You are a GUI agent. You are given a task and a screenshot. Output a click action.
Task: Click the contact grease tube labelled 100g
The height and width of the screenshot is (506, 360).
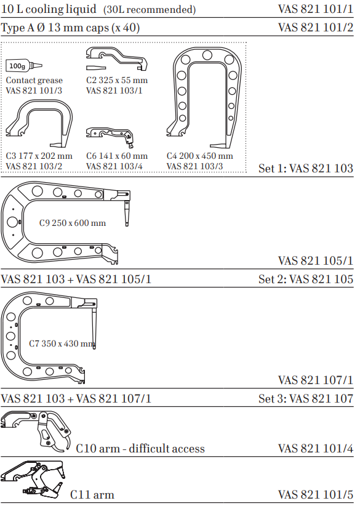coord(23,65)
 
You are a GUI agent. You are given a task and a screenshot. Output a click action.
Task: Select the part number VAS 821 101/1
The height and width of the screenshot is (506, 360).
coord(316,9)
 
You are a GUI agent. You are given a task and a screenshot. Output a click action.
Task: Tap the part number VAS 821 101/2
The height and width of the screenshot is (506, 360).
coord(316,28)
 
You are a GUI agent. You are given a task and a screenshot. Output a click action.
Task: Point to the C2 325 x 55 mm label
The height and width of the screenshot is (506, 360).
coord(117,80)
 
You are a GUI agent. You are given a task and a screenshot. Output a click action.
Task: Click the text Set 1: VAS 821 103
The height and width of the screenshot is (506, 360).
coord(305,168)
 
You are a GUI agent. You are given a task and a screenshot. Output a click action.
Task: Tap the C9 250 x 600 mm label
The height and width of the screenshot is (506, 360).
coord(72,223)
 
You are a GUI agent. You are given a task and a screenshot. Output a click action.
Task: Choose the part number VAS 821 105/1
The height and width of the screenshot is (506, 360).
coord(316,260)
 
